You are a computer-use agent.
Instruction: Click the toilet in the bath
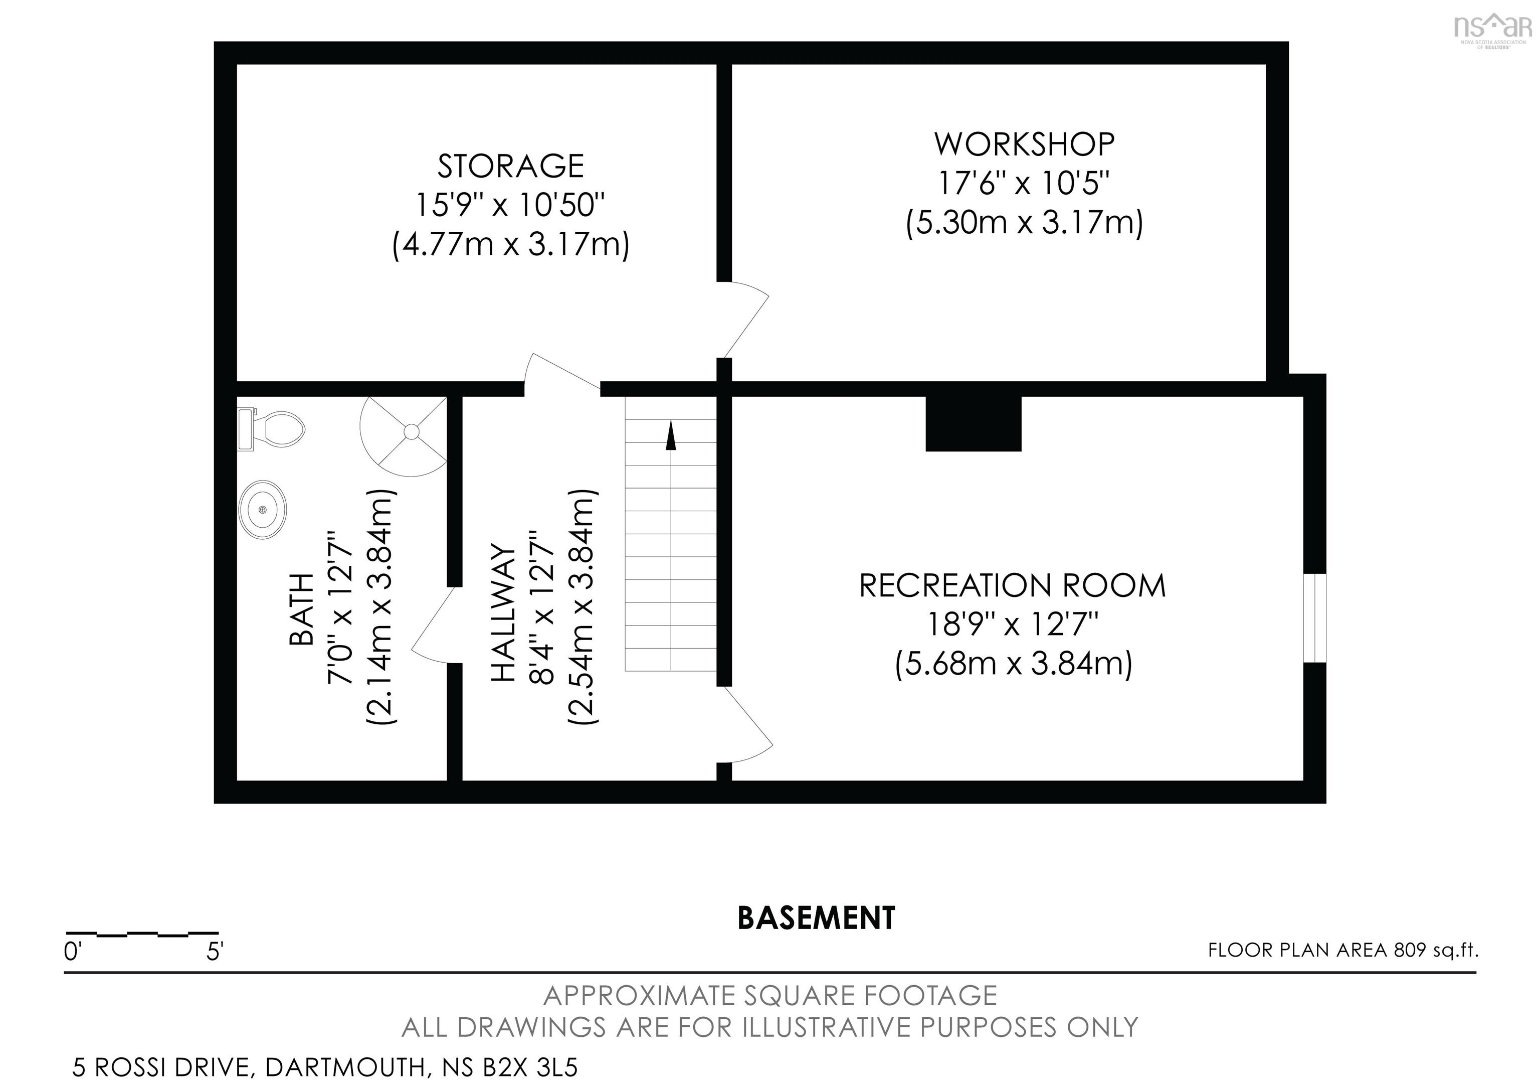[271, 429]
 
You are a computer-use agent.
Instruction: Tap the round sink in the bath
[262, 510]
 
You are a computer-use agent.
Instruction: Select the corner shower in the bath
[404, 435]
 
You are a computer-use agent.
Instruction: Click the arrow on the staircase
[670, 435]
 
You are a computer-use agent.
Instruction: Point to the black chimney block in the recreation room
[973, 423]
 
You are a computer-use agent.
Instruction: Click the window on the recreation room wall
[1314, 617]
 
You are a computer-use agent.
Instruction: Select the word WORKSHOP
[1024, 143]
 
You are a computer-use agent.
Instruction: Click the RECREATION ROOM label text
[1013, 585]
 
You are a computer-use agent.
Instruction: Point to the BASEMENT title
[816, 918]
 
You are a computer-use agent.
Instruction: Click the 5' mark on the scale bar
[215, 952]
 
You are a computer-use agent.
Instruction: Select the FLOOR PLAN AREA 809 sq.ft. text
[1343, 950]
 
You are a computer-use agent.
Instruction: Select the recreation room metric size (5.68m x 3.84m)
[1014, 664]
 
